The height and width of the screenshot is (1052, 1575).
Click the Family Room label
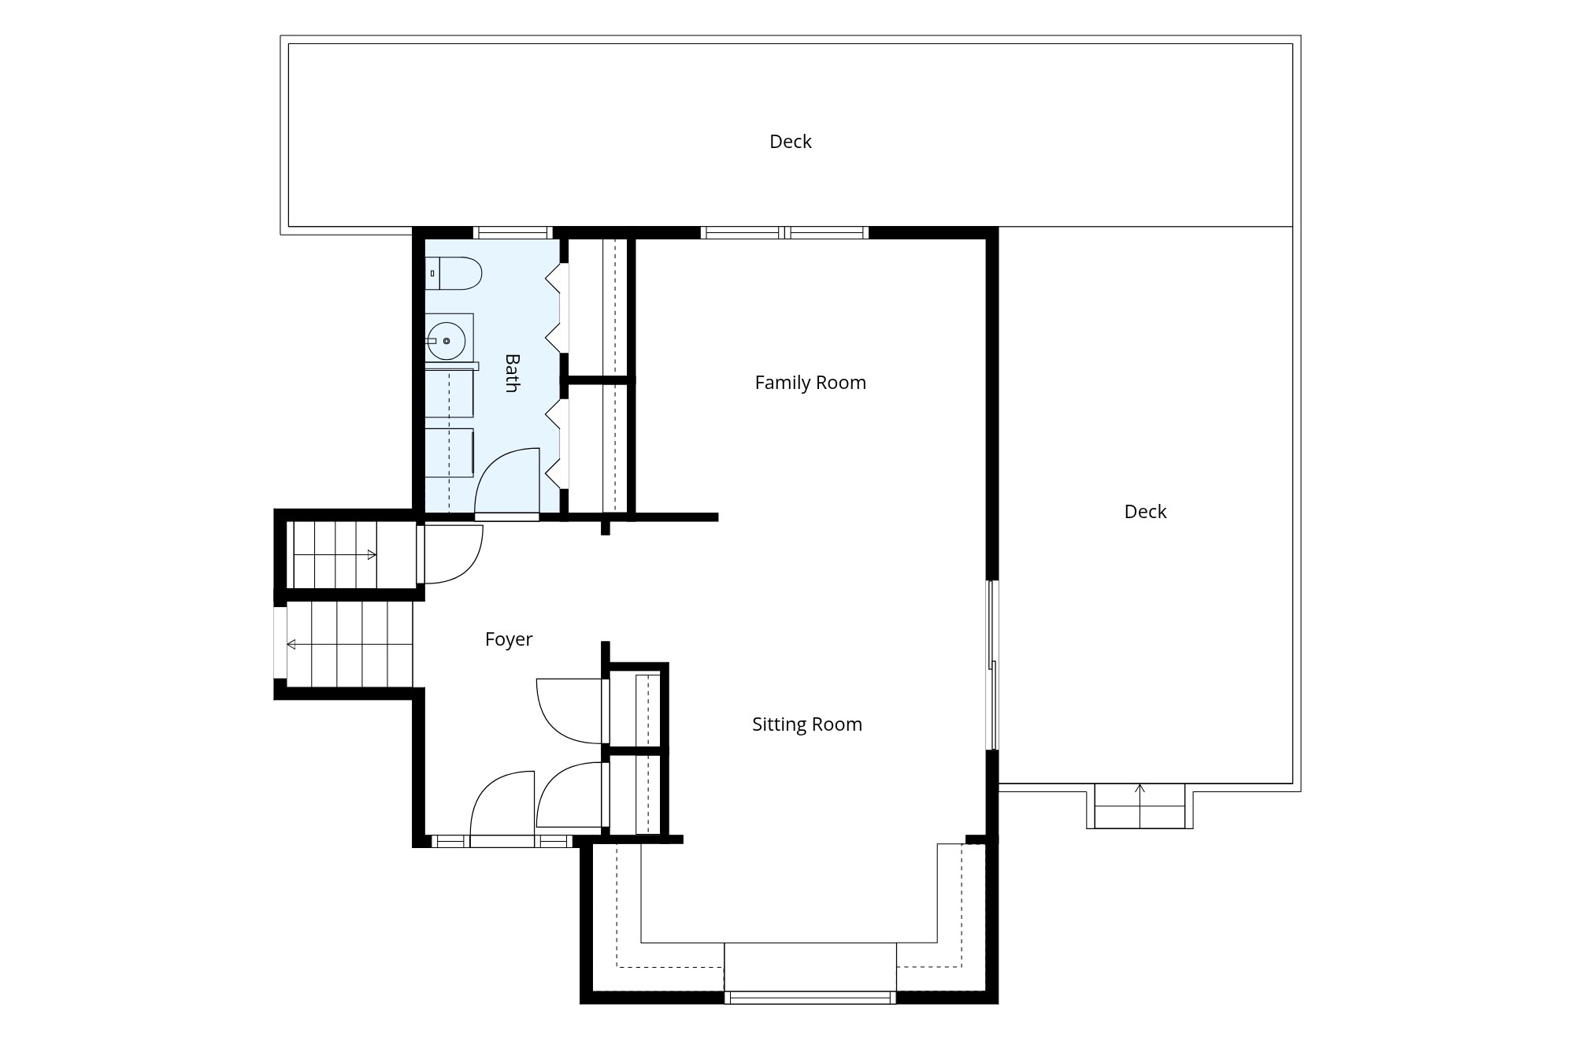coord(810,383)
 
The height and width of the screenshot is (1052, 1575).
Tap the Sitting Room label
coord(807,724)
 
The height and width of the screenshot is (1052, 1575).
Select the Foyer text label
coord(509,639)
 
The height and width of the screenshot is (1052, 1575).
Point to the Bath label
coord(512,373)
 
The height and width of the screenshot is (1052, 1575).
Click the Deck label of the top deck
coord(791,142)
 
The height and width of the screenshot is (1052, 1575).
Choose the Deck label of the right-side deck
coord(1146,512)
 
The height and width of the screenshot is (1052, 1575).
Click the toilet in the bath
coord(453,273)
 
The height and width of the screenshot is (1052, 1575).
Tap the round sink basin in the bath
coord(446,341)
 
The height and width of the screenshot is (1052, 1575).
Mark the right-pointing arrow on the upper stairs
coord(335,555)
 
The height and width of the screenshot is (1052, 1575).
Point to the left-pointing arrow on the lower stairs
coord(350,645)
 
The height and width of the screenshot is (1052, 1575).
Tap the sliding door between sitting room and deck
coord(993,665)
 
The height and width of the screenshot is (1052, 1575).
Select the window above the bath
coord(513,233)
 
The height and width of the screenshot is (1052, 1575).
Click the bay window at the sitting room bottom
coord(810,998)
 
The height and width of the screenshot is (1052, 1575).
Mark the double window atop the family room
coord(785,233)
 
